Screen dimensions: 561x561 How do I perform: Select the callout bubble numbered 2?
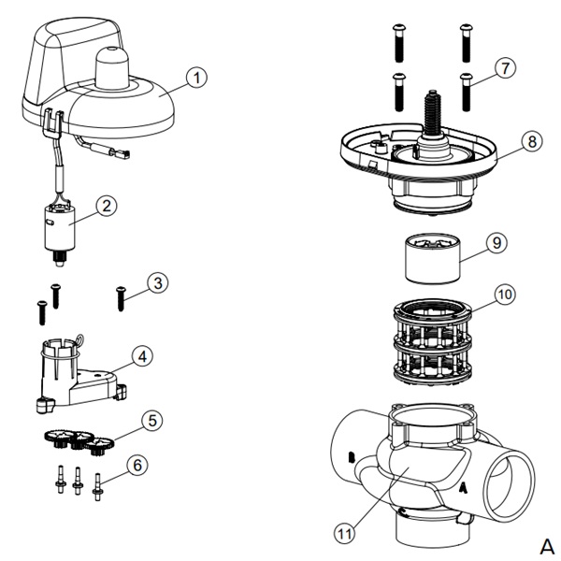108,205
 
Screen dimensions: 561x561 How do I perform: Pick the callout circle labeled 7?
506,68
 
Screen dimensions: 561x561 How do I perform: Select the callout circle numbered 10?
505,295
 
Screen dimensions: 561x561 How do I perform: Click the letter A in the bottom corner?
546,544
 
